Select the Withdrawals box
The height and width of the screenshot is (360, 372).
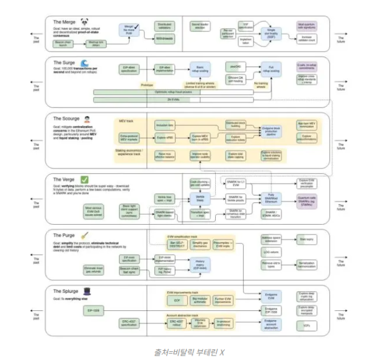pyautogui.click(x=165, y=38)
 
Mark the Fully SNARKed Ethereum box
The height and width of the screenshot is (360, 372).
pyautogui.click(x=272, y=200)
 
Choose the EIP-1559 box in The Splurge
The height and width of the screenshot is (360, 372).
pyautogui.click(x=94, y=308)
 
